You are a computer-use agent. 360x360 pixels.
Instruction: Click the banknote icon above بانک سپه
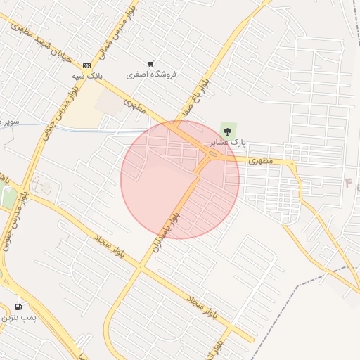pyautogui.click(x=86, y=65)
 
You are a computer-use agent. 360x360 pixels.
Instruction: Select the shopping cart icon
pyautogui.click(x=150, y=64)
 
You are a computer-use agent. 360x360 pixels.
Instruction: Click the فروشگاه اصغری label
pyautogui.click(x=151, y=74)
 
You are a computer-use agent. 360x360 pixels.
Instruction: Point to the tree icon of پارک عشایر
pyautogui.click(x=228, y=131)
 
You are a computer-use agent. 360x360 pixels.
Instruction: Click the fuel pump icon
pyautogui.click(x=18, y=307)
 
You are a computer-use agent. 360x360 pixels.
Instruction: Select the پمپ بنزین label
pyautogui.click(x=18, y=318)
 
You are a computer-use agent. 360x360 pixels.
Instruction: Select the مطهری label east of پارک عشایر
pyautogui.click(x=260, y=160)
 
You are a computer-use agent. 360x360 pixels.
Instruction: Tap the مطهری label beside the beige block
pyautogui.click(x=134, y=106)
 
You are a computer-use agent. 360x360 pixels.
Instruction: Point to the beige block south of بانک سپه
pyautogui.click(x=84, y=110)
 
